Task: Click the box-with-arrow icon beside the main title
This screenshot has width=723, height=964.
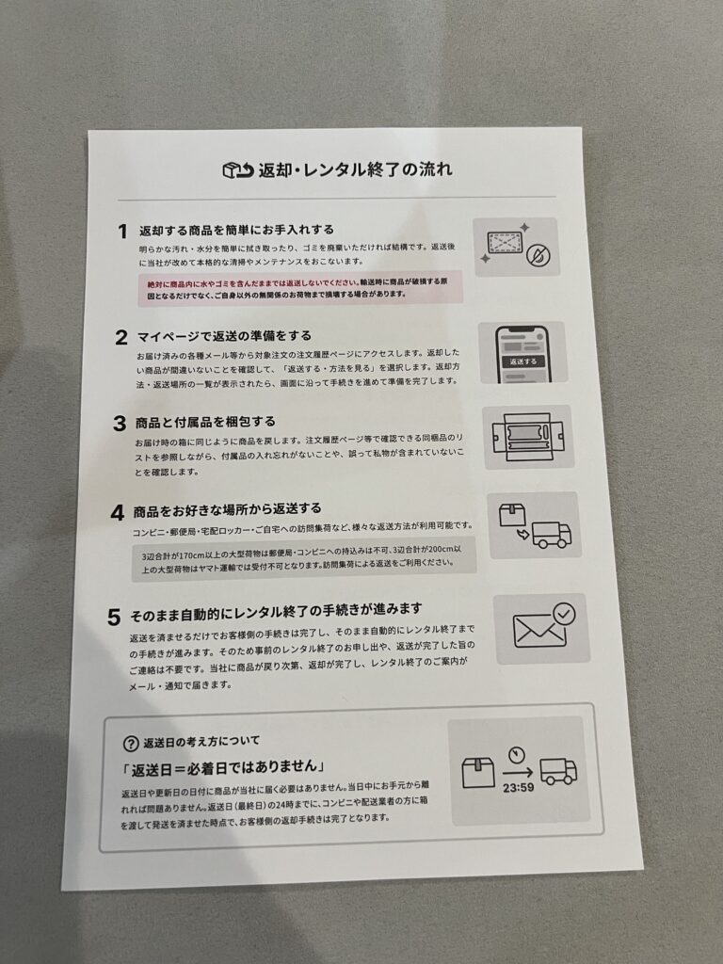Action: pyautogui.click(x=238, y=170)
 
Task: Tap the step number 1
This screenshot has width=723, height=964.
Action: pyautogui.click(x=123, y=232)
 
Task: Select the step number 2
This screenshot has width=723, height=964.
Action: pyautogui.click(x=121, y=338)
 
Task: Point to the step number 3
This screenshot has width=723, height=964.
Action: pyautogui.click(x=120, y=424)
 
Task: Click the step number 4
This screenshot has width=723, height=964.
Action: pyautogui.click(x=118, y=513)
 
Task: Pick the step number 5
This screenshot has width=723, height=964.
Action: pyautogui.click(x=114, y=617)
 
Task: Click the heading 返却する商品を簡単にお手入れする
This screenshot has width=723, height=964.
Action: pyautogui.click(x=236, y=230)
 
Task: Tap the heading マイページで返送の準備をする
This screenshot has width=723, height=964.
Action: pyautogui.click(x=224, y=336)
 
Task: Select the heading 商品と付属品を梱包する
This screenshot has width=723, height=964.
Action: pyautogui.click(x=205, y=422)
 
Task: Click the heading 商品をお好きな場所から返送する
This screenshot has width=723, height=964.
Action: pyautogui.click(x=228, y=509)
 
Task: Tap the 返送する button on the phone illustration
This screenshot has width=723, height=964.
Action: pyautogui.click(x=522, y=361)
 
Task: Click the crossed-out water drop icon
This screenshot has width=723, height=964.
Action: pyautogui.click(x=539, y=255)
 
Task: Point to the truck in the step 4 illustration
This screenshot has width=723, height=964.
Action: pyautogui.click(x=552, y=535)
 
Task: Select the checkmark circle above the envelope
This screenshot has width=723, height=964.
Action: pyautogui.click(x=564, y=614)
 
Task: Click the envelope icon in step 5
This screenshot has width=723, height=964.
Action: pyautogui.click(x=539, y=631)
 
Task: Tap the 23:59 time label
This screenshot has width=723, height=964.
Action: pyautogui.click(x=519, y=788)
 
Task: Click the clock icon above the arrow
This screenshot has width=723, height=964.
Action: pyautogui.click(x=517, y=754)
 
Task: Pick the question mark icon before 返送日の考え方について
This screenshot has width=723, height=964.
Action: pyautogui.click(x=130, y=744)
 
